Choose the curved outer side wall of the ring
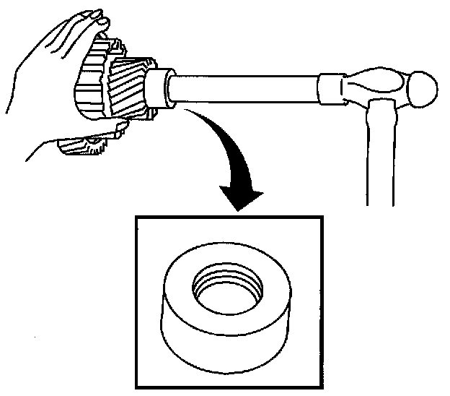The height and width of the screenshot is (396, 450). tap(216, 340)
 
